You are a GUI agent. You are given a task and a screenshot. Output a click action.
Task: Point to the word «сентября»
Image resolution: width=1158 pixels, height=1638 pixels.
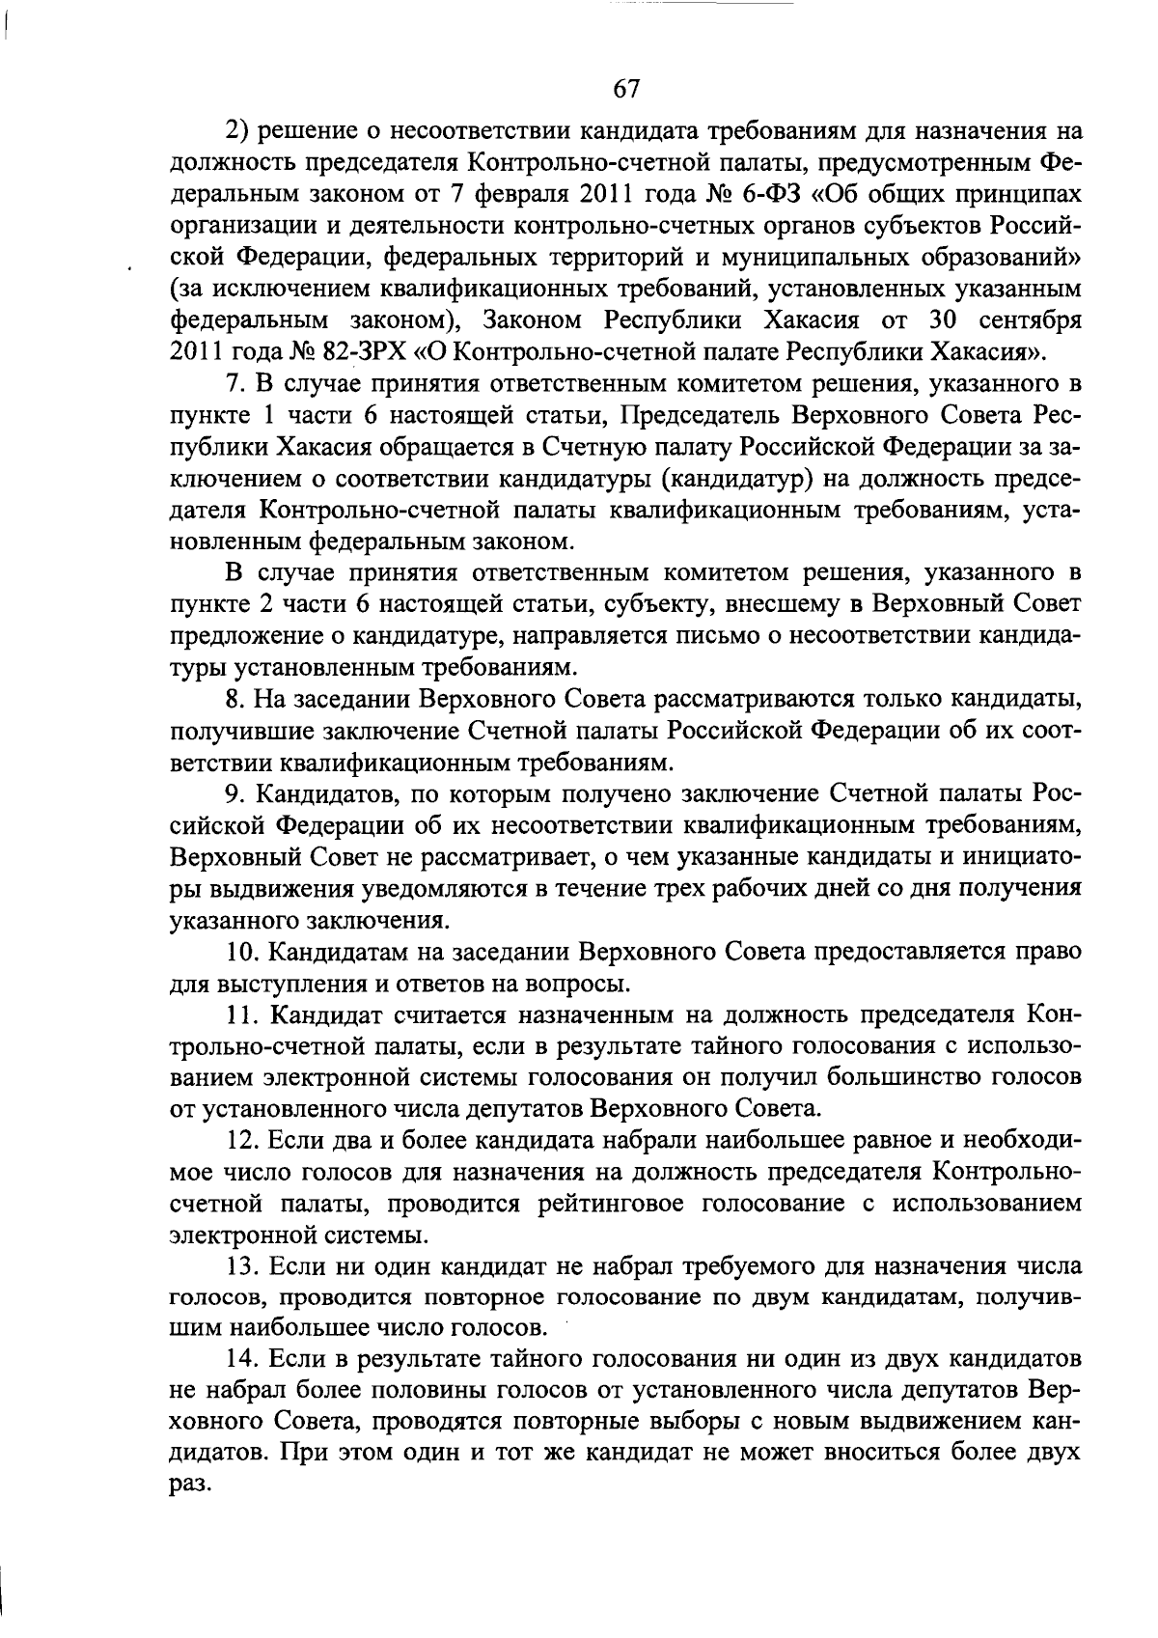[x=1030, y=319]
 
